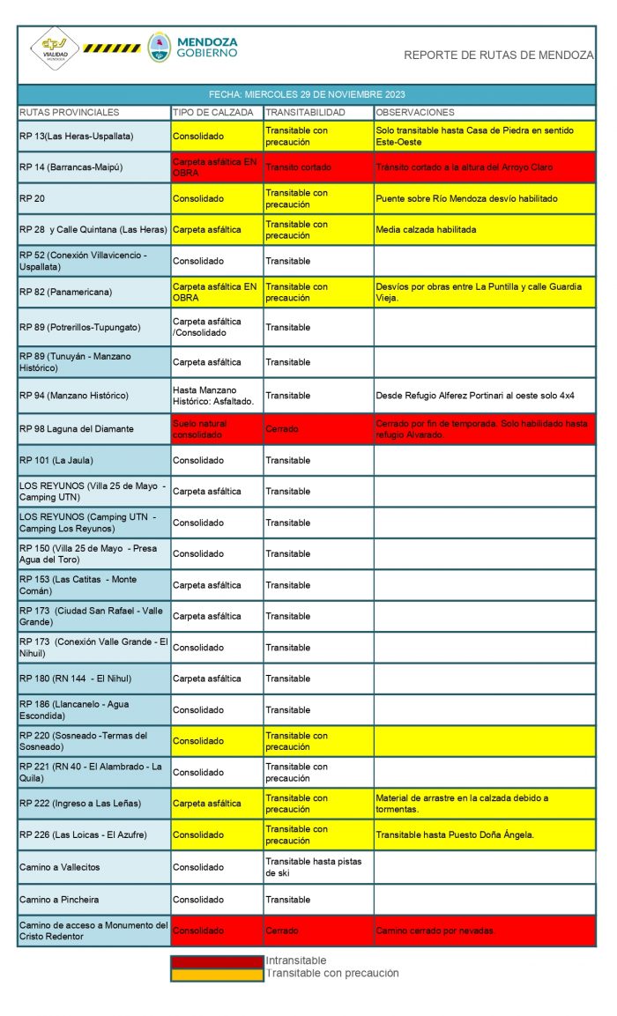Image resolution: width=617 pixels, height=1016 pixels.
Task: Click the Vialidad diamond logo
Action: coord(55,48)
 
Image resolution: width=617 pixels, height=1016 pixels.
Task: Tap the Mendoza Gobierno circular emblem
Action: coord(160,48)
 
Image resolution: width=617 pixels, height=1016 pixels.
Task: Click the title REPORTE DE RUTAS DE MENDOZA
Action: coord(498,55)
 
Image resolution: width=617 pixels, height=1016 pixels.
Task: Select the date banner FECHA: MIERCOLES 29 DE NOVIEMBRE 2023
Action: coord(307,94)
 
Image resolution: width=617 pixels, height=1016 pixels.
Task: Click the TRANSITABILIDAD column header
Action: coord(306,113)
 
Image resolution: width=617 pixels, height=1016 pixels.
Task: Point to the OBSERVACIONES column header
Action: coord(414,113)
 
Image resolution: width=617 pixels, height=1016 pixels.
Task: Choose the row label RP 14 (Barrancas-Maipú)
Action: coord(71,167)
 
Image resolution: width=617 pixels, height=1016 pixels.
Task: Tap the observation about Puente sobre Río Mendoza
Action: coord(466,199)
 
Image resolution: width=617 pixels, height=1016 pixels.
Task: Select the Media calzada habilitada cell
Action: coord(426,230)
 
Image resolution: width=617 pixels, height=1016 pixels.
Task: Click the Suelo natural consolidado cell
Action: coord(200,429)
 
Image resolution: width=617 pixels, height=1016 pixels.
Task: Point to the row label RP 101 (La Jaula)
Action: coord(56,461)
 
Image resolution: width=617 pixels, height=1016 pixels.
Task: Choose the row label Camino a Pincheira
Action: coord(61,900)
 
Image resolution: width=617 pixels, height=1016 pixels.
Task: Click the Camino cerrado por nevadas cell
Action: coord(435,931)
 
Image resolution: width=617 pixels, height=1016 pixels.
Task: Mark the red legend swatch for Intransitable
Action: coord(217,961)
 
